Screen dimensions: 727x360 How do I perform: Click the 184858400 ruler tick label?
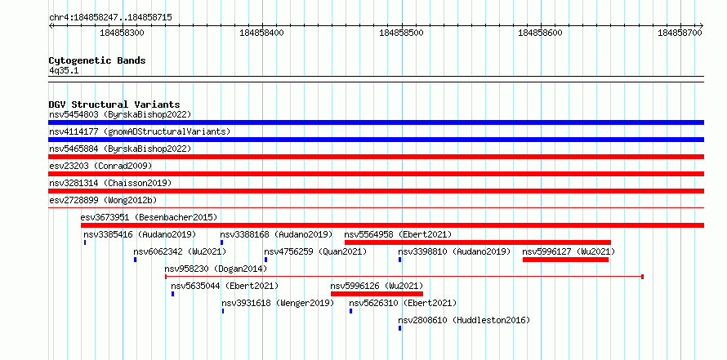pos(262,33)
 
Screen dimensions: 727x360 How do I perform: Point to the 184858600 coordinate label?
pos(541,33)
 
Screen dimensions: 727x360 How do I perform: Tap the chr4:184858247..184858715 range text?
pos(110,18)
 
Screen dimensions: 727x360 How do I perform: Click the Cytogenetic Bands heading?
pos(97,60)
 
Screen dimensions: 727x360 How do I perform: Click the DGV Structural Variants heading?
pos(114,104)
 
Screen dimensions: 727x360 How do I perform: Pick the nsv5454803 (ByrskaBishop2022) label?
pos(120,114)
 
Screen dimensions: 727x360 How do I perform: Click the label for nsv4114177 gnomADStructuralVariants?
pos(140,131)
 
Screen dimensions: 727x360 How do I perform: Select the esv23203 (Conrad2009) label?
pos(100,166)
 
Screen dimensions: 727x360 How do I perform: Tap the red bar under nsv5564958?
pos(478,242)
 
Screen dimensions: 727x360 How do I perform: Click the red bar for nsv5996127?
pos(565,260)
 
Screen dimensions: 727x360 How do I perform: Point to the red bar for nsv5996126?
pos(377,294)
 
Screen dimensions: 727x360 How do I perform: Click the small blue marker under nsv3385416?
pos(85,242)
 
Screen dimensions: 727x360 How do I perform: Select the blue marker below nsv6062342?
pos(135,260)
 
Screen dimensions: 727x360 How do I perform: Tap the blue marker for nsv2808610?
pos(399,328)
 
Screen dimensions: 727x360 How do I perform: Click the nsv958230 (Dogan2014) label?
pos(216,269)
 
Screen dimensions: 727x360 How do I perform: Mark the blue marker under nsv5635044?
pos(172,294)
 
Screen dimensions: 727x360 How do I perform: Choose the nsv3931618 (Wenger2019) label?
pos(278,303)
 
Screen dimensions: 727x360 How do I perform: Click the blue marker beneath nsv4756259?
pos(265,260)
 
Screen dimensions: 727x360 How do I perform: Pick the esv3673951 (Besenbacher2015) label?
pos(149,217)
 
